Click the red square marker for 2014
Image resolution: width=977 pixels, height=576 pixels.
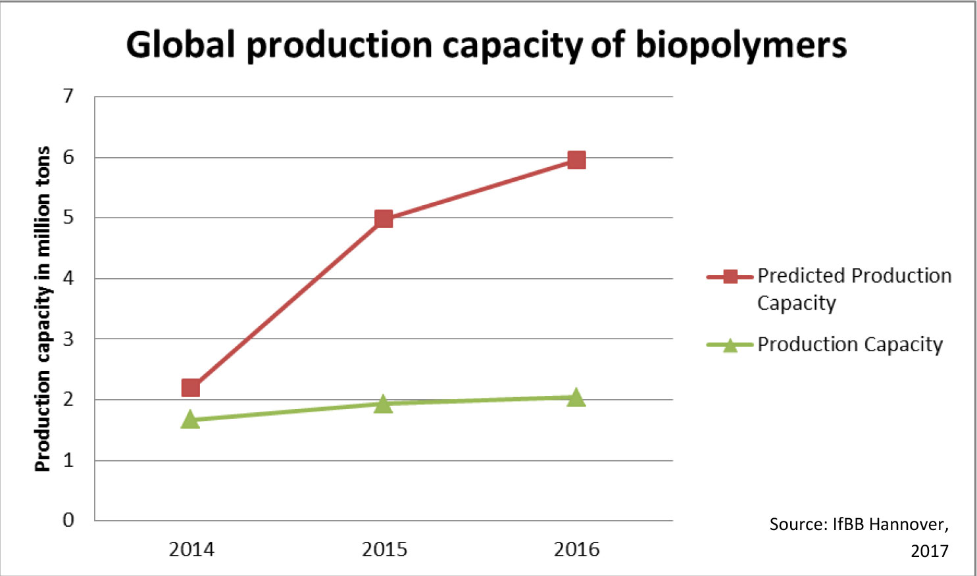[x=190, y=388]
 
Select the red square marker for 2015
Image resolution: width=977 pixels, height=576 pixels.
[x=384, y=219]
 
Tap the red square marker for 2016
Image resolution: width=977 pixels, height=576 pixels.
[x=576, y=160]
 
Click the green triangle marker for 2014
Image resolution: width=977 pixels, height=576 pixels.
[x=190, y=420]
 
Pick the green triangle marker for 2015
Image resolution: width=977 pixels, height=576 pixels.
[x=384, y=404]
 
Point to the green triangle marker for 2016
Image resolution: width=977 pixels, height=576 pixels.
[x=576, y=397]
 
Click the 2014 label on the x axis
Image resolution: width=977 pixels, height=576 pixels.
[x=191, y=549]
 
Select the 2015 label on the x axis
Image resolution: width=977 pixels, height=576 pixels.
[x=384, y=549]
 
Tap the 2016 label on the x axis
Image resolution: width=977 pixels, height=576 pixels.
[x=576, y=549]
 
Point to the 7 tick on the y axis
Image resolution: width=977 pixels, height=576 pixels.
[x=68, y=97]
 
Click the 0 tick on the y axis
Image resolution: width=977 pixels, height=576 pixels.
[x=68, y=520]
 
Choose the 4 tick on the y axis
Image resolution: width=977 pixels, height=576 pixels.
[x=68, y=278]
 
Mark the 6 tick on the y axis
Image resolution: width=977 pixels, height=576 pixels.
[x=68, y=157]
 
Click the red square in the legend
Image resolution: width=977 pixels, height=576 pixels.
[x=730, y=277]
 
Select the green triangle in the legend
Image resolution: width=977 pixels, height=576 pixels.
[x=730, y=345]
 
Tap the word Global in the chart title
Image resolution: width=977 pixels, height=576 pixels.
[x=180, y=45]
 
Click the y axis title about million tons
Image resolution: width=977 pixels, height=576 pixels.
[x=42, y=309]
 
